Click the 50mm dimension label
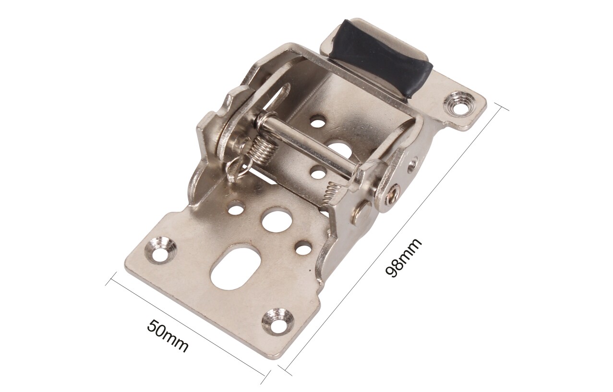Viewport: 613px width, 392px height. [168, 335]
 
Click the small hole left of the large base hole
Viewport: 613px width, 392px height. [236, 209]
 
